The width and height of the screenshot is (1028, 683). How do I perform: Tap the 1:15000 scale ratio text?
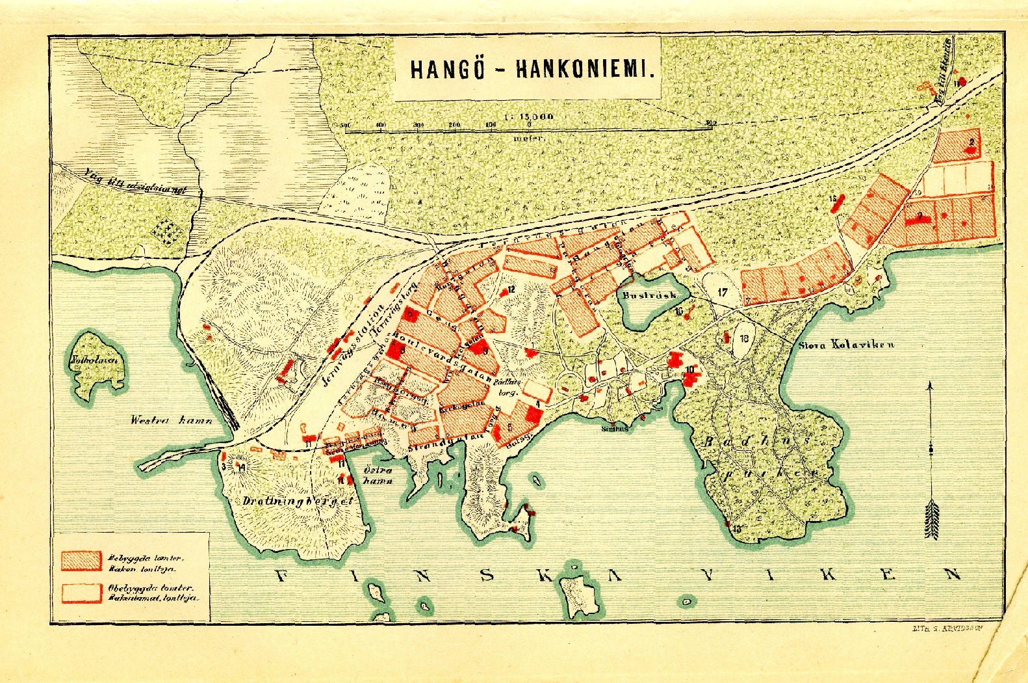point(527,116)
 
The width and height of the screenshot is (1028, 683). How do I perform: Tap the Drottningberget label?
point(300,502)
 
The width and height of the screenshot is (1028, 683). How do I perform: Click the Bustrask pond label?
point(649,295)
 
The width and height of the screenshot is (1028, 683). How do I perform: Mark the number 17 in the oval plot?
point(723,292)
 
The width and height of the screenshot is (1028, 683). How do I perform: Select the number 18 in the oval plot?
point(743,338)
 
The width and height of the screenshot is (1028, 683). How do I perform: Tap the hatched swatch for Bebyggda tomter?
point(81,559)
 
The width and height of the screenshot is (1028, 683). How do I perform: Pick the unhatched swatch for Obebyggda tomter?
point(81,593)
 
